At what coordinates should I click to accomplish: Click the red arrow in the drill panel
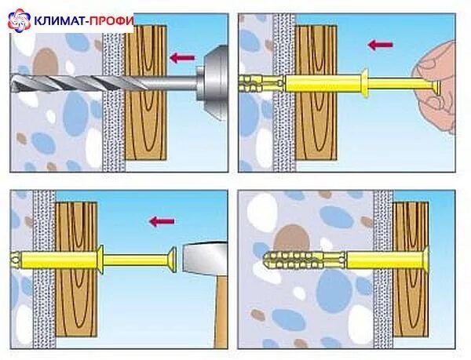(x=181, y=56)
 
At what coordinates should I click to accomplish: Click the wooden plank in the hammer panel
(x=75, y=267)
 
